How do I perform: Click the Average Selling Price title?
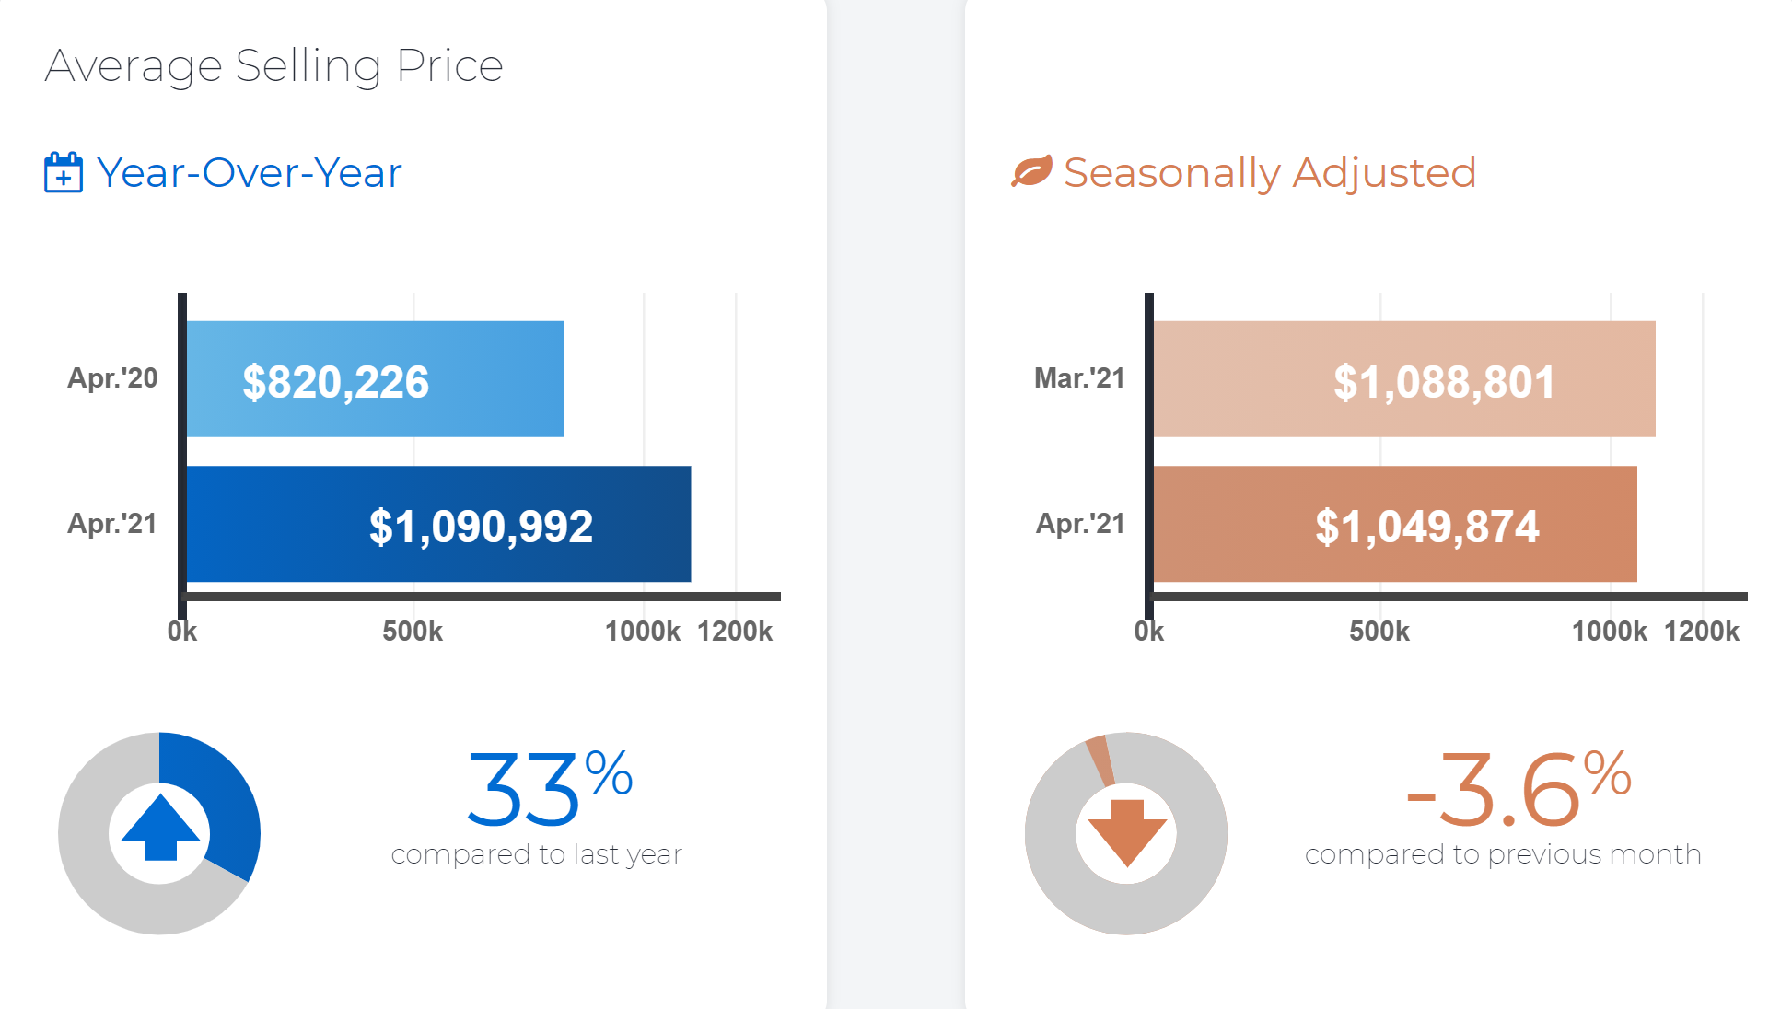click(x=273, y=66)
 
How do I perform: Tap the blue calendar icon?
click(x=63, y=173)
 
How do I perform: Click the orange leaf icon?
click(x=1031, y=171)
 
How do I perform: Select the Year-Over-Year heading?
click(x=250, y=173)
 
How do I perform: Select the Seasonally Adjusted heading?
click(x=1270, y=173)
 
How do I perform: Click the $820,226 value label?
click(x=335, y=381)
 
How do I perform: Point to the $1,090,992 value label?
click(x=481, y=526)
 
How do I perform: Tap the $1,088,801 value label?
click(x=1444, y=381)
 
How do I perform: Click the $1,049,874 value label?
click(x=1426, y=526)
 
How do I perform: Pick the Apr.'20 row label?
click(x=112, y=378)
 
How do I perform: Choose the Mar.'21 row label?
click(x=1079, y=378)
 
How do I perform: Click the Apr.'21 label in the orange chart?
click(x=1080, y=524)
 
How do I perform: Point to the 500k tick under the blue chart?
click(x=413, y=632)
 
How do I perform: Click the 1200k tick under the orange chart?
click(x=1702, y=632)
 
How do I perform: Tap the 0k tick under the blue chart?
click(x=182, y=632)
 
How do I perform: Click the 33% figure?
click(x=549, y=788)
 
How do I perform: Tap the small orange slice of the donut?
click(x=1100, y=760)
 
